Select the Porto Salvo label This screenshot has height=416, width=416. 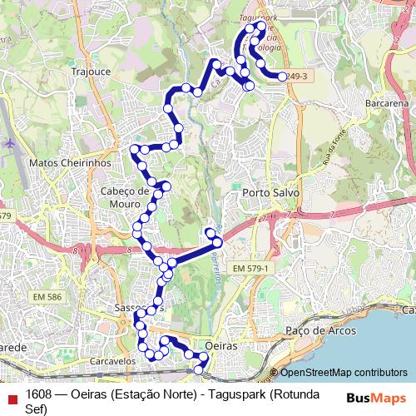click(270, 192)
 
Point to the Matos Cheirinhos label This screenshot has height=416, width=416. click(70, 164)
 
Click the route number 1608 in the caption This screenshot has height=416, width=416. click(40, 394)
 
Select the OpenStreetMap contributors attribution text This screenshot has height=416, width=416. click(343, 373)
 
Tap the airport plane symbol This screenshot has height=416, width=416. click(9, 143)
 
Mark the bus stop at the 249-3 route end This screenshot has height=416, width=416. click(282, 77)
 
